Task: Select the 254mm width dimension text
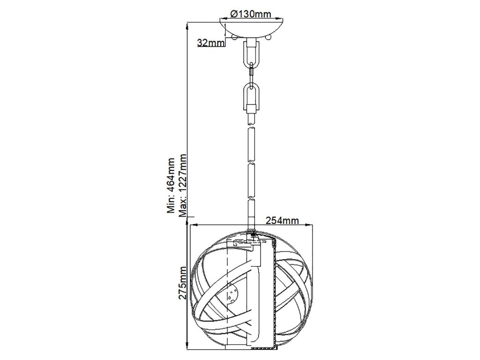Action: point(282,219)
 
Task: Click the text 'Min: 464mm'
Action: point(172,185)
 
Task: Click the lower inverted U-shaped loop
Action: point(252,96)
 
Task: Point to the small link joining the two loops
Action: point(252,71)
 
